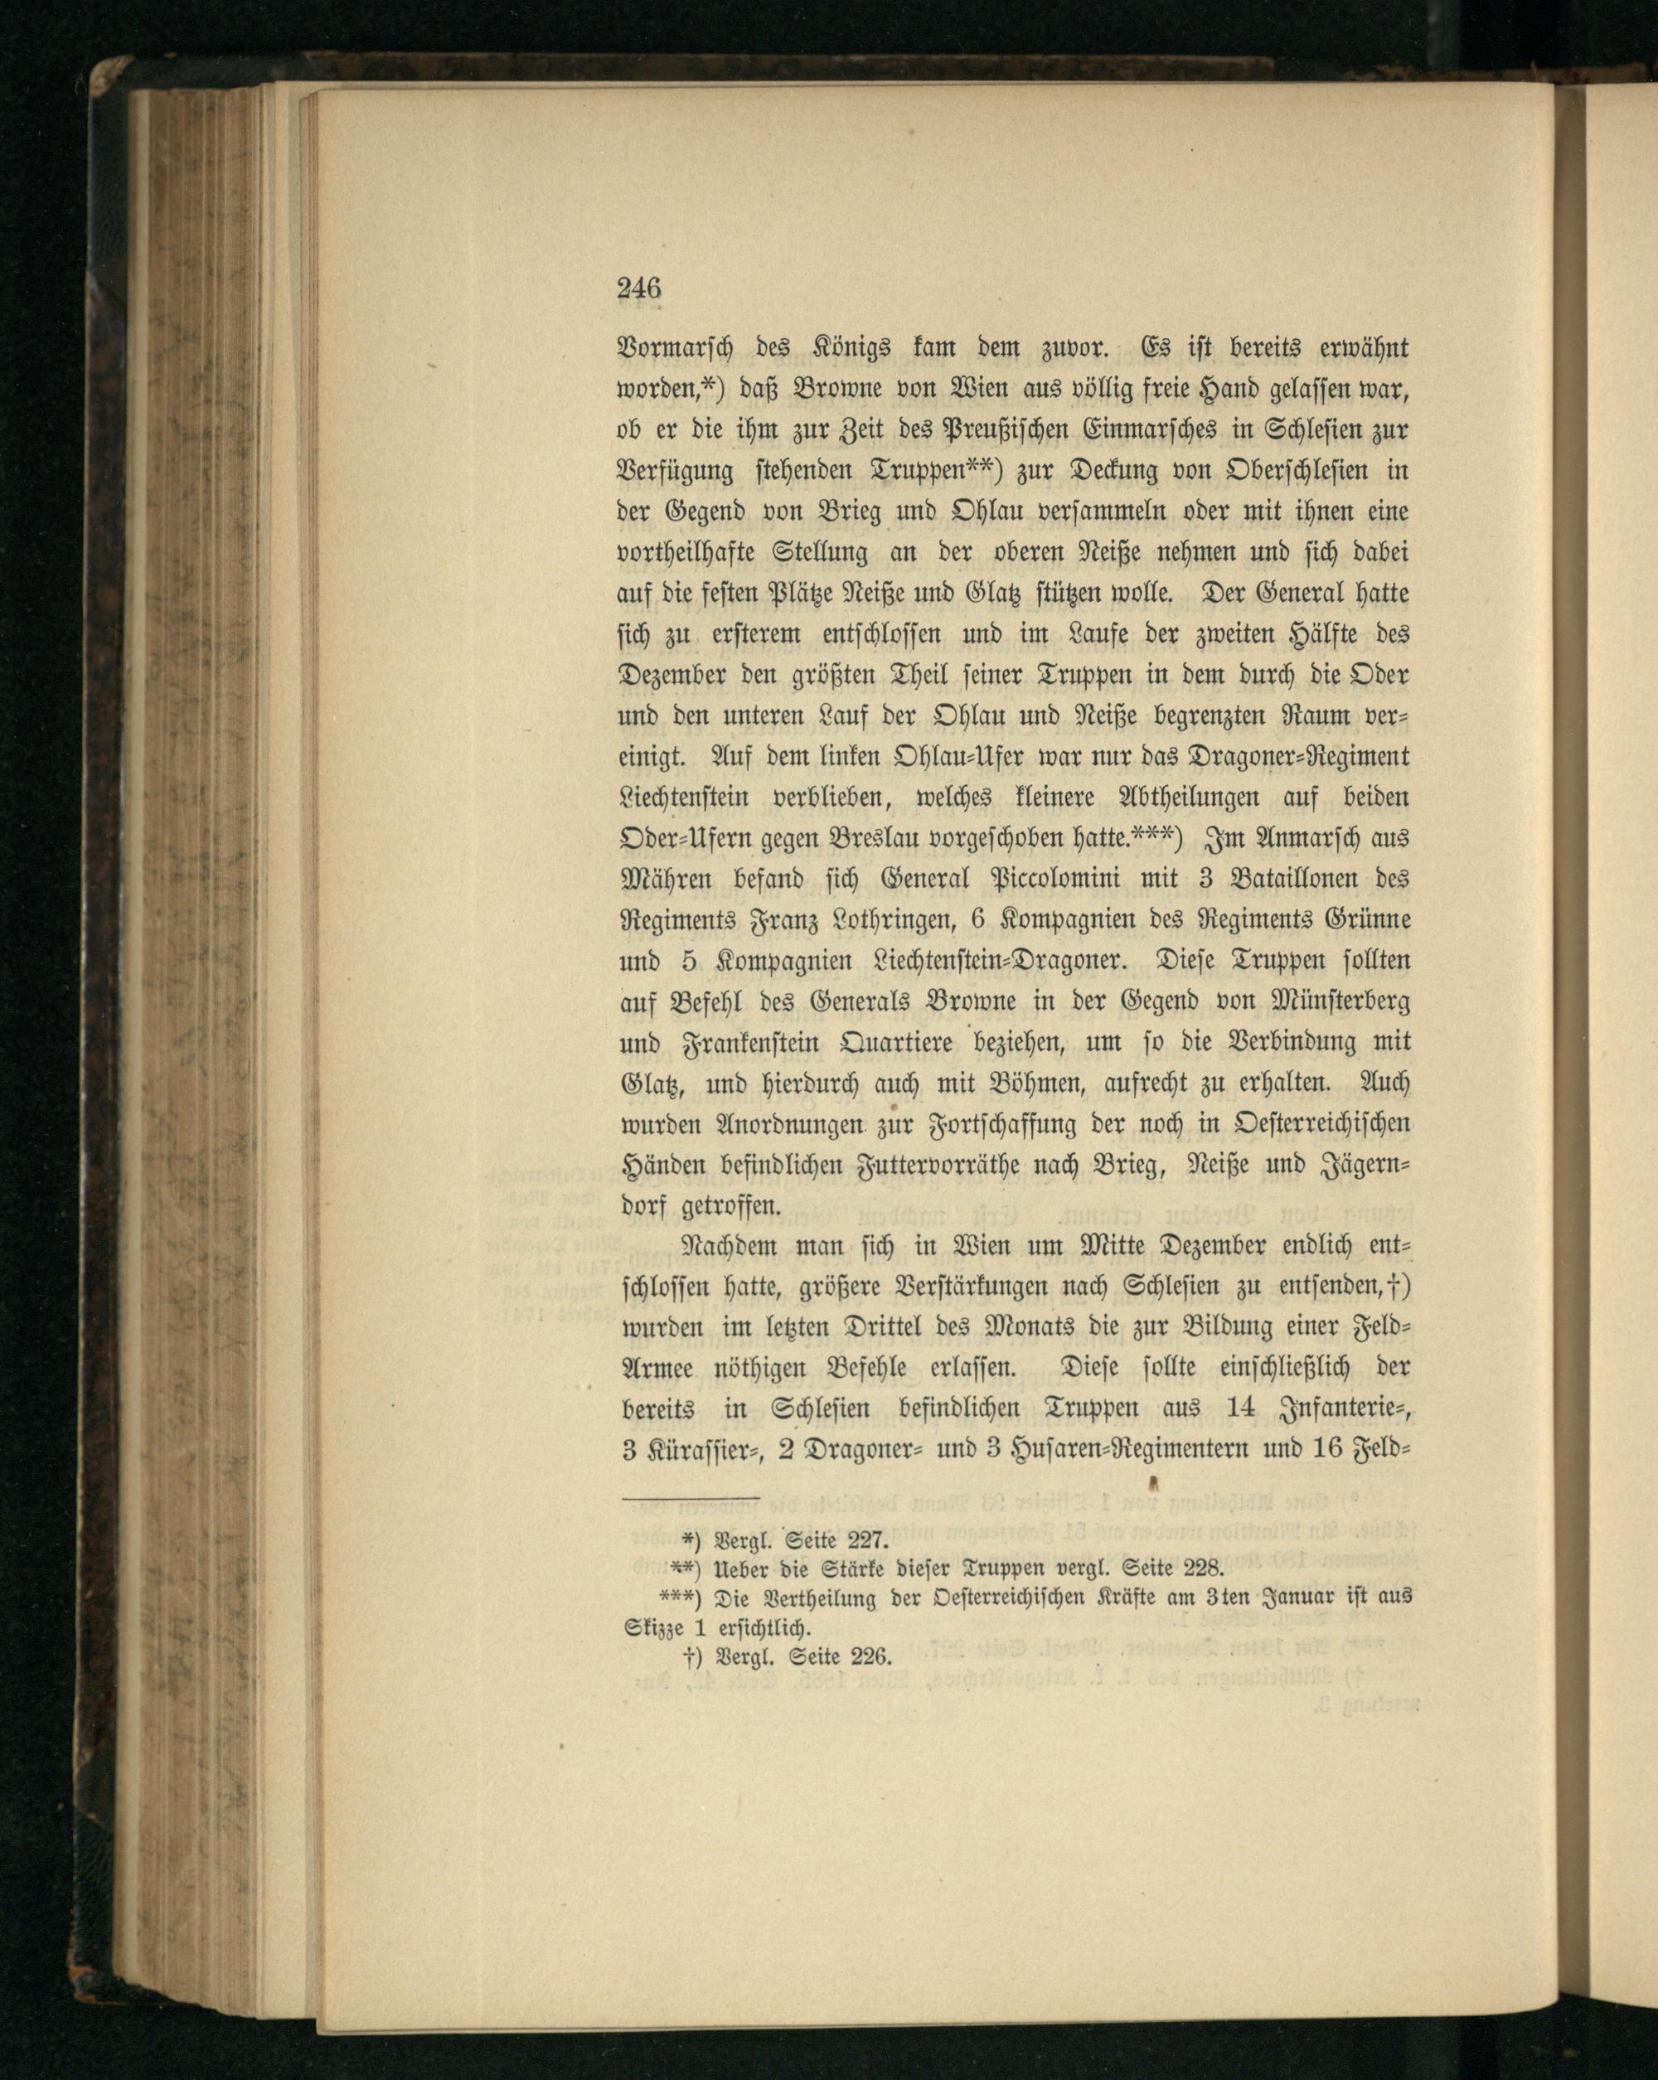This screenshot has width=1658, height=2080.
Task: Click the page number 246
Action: point(638,288)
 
